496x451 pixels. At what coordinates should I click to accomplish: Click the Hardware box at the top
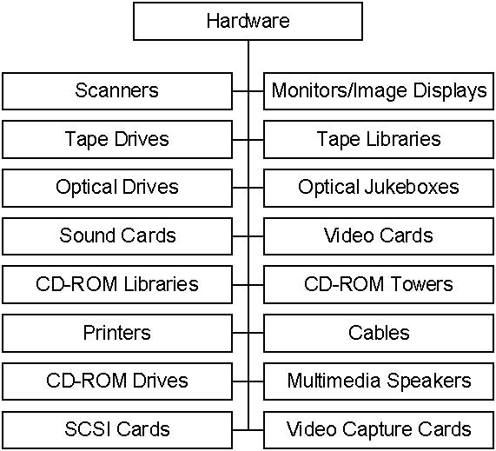[248, 21]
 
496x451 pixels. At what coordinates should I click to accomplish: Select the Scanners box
[117, 91]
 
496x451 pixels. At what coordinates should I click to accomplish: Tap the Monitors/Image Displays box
[379, 91]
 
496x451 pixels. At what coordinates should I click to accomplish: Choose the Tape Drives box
[117, 140]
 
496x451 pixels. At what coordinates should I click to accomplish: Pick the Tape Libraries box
[379, 140]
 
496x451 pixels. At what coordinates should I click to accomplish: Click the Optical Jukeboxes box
[379, 188]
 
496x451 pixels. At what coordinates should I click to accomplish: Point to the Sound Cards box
[117, 236]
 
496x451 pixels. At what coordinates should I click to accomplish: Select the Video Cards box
[379, 236]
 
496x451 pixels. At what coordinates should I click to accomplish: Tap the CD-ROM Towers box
[379, 285]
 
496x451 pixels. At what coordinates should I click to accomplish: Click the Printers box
[117, 333]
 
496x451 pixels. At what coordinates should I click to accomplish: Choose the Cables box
[379, 333]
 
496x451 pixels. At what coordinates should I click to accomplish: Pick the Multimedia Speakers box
[379, 381]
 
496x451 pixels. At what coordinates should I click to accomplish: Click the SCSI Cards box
[117, 430]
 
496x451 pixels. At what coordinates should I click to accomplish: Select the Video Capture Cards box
[379, 430]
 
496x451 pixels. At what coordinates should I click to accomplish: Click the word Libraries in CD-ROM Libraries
[161, 283]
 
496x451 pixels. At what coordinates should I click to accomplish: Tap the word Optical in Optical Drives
[85, 188]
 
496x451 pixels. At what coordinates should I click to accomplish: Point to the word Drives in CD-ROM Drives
[161, 381]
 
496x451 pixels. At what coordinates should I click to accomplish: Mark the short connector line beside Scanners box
[241, 91]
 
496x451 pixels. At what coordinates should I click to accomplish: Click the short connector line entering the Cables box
[256, 333]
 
